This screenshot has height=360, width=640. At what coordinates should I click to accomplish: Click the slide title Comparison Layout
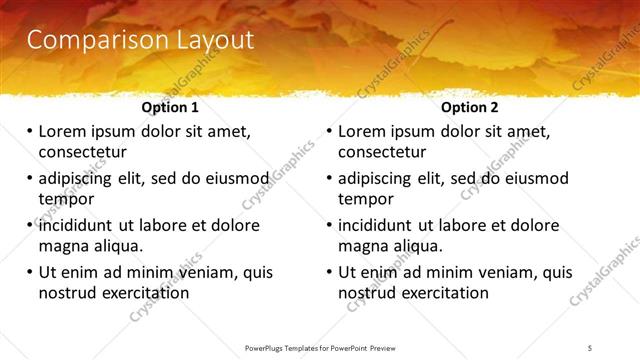(x=140, y=40)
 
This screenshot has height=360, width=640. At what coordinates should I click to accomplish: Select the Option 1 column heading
(x=170, y=107)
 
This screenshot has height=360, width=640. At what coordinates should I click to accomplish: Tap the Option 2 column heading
(x=470, y=107)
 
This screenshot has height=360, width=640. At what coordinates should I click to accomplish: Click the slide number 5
(x=590, y=347)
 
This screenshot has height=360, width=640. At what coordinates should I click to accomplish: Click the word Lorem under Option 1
(x=63, y=131)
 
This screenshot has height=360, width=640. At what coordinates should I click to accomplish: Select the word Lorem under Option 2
(x=363, y=131)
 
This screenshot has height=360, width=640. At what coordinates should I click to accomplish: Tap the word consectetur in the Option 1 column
(x=82, y=152)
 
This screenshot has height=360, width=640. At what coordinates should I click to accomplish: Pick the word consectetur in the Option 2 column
(x=382, y=152)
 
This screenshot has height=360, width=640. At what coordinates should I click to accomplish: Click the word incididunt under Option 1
(x=81, y=225)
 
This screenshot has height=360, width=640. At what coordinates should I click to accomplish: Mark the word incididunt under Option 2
(x=381, y=225)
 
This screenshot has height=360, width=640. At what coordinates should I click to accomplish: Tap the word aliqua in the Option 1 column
(x=117, y=246)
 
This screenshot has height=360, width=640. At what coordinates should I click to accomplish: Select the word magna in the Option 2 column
(x=363, y=246)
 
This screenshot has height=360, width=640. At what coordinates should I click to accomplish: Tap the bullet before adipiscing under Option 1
(x=30, y=178)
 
